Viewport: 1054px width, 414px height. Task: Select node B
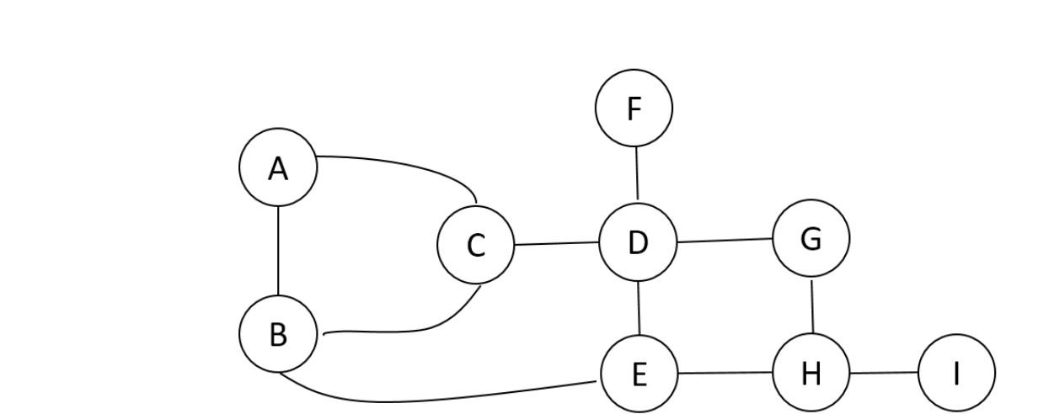coord(278,333)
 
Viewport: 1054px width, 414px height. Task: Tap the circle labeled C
coord(475,245)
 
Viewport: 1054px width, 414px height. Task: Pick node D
coord(638,241)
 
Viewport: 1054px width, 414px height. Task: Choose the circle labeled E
coord(639,373)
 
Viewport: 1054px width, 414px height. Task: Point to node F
coord(634,108)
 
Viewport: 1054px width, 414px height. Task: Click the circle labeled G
coord(811,238)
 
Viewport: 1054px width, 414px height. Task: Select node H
coord(811,372)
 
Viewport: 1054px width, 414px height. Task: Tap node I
coord(956,372)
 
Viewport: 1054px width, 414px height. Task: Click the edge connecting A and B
coord(278,250)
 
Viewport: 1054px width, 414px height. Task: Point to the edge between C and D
coord(556,244)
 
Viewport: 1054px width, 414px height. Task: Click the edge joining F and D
coord(636,172)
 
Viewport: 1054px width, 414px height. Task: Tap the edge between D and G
coord(725,240)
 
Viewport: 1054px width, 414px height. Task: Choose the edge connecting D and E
coord(639,307)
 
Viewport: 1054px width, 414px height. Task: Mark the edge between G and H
coord(812,305)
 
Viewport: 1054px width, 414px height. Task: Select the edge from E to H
coord(725,372)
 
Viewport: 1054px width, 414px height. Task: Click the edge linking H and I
coord(883,372)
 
